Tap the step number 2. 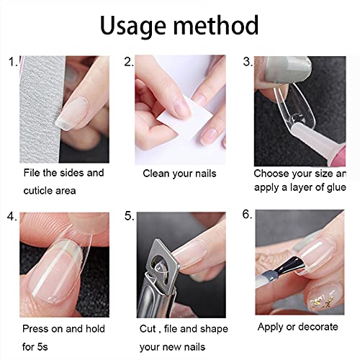coord(129,62)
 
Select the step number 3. coord(247,62)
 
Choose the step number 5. coord(129,215)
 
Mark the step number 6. coord(247,215)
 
